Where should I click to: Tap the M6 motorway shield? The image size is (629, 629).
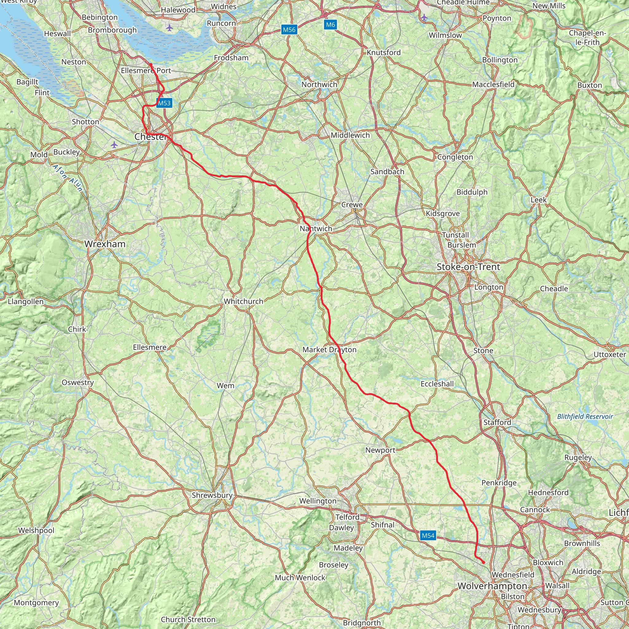point(330,25)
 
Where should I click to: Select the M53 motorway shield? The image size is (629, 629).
point(164,103)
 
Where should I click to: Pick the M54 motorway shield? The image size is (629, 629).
point(428,536)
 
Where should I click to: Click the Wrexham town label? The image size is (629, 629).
point(105,244)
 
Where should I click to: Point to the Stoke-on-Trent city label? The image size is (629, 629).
point(468,267)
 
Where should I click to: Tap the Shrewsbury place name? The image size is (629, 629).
point(212,495)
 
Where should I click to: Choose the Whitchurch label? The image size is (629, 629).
point(244,302)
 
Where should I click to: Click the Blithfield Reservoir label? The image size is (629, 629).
point(585,416)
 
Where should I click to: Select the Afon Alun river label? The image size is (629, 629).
point(68,178)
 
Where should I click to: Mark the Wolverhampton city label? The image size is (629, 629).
point(492,586)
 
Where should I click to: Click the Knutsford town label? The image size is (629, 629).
point(384,53)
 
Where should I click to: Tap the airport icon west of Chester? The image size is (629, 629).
point(114,145)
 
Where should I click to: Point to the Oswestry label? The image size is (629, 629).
point(78,383)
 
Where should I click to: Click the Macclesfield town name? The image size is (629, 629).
point(493,85)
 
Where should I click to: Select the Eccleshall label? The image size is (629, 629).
point(437,384)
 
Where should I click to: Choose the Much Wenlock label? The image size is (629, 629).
point(300,578)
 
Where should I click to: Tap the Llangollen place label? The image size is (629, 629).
point(26,302)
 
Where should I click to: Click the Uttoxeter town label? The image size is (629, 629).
point(610,354)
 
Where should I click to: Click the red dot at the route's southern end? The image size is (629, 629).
point(483,562)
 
